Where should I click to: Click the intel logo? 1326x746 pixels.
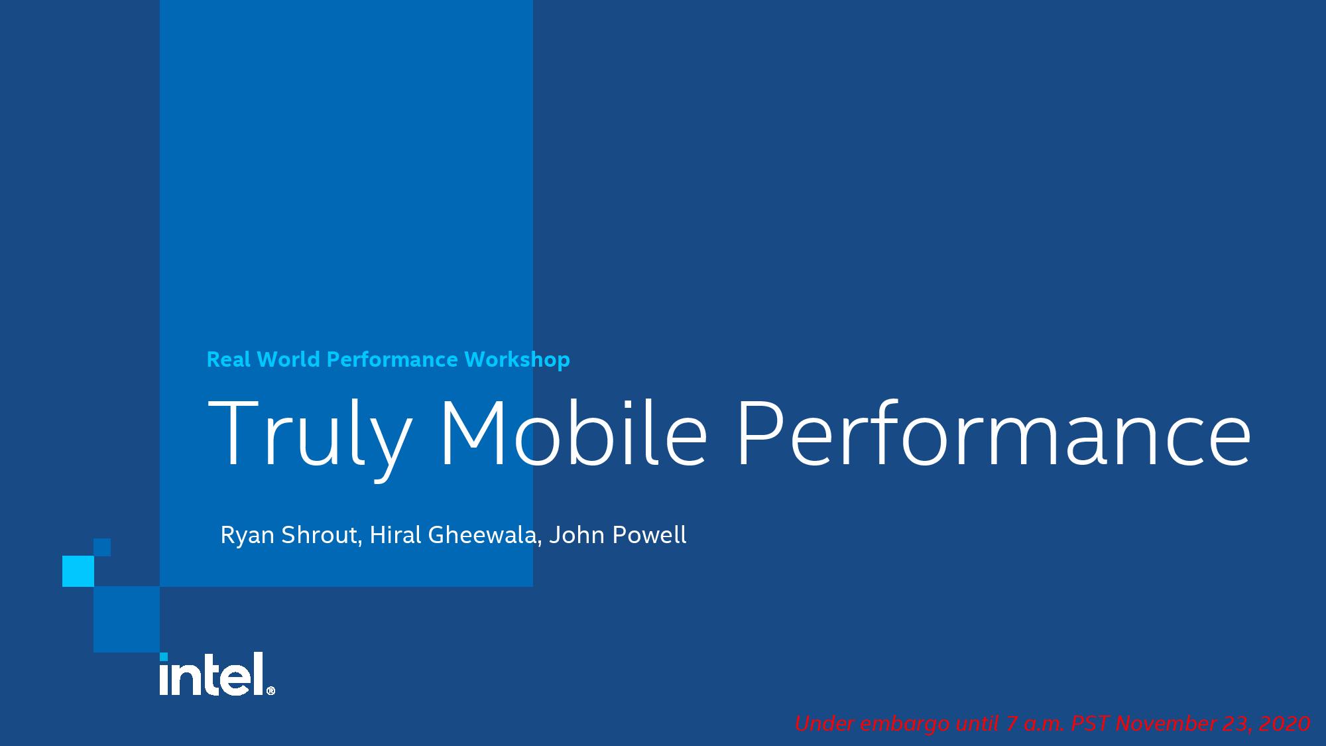[x=217, y=674]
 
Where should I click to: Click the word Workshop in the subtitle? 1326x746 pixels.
[x=517, y=360]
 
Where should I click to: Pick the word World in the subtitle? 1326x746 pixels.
[x=288, y=359]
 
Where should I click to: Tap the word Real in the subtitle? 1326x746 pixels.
[x=229, y=359]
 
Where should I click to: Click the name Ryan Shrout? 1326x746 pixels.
[x=290, y=535]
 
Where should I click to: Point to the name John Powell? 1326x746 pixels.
[x=618, y=535]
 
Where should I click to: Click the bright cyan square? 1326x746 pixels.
[x=78, y=572]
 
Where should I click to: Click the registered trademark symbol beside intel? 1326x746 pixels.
[x=271, y=691]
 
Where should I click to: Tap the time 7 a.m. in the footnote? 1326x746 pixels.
[x=1035, y=723]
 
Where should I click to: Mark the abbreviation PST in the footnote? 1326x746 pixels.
[x=1090, y=723]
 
